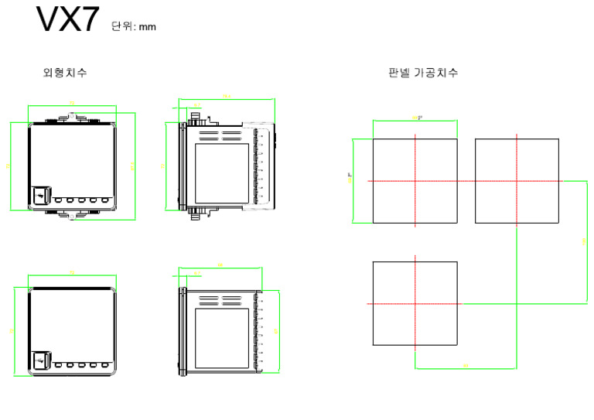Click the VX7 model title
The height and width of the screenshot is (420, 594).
click(x=67, y=21)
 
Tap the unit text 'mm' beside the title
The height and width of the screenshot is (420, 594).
click(x=147, y=27)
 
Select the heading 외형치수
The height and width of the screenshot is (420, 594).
click(x=65, y=73)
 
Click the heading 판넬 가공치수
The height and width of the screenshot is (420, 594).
click(x=423, y=73)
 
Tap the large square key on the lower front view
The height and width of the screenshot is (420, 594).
click(x=40, y=360)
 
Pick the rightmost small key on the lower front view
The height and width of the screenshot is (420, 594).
click(x=104, y=364)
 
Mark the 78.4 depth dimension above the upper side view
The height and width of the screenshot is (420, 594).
click(x=227, y=97)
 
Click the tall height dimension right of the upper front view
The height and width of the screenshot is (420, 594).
click(x=133, y=166)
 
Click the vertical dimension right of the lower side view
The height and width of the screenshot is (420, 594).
click(x=277, y=331)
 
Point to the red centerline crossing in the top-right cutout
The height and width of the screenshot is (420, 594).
click(x=516, y=181)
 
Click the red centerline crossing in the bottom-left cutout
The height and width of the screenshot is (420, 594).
click(x=415, y=303)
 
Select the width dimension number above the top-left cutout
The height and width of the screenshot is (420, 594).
click(x=416, y=118)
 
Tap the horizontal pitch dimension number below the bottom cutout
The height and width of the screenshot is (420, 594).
click(x=466, y=365)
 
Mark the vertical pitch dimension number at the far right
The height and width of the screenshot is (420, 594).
click(x=584, y=242)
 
